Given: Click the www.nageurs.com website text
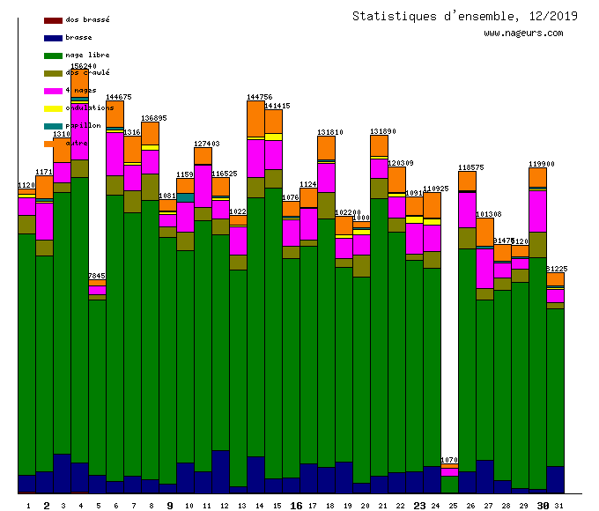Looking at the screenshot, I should (x=523, y=33).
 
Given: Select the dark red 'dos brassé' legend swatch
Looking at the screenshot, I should (x=53, y=19).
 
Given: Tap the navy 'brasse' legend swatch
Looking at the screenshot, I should (x=53, y=38).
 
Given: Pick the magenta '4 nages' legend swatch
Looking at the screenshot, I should (x=53, y=91).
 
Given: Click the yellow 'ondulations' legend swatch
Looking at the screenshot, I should (x=53, y=108).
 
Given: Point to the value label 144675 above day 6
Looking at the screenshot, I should (x=118, y=97).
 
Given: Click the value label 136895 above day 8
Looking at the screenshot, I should (x=153, y=118).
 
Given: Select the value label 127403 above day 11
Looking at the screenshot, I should (x=206, y=144).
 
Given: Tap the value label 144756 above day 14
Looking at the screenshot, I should (x=259, y=97).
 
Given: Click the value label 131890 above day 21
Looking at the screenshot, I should (x=382, y=131).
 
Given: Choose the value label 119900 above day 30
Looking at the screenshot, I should (x=541, y=164).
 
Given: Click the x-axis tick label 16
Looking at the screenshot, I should (x=296, y=506).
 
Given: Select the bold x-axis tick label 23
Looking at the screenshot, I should (x=419, y=506).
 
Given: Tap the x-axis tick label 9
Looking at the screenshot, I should (x=169, y=506).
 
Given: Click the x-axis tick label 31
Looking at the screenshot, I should (x=558, y=506).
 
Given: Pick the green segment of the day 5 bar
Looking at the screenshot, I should (x=97, y=388).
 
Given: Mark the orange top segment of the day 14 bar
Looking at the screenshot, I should (x=255, y=119).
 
